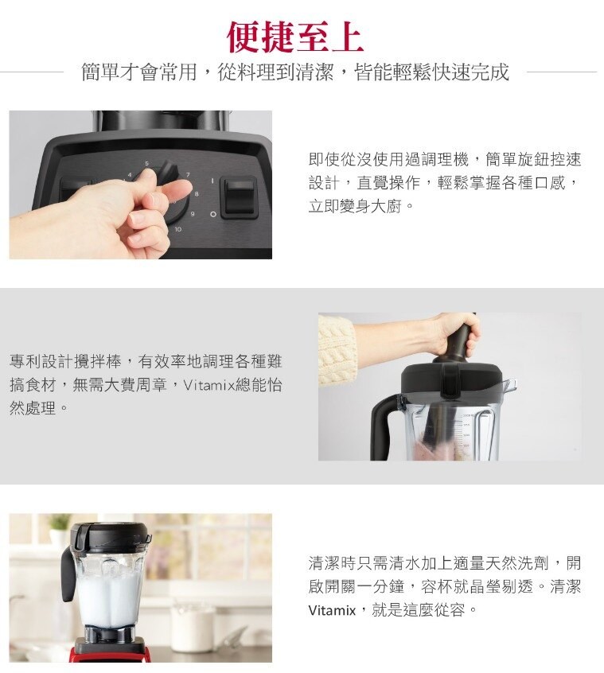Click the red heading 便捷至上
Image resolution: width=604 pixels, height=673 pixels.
click(295, 37)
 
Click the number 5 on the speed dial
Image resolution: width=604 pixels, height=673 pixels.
click(146, 164)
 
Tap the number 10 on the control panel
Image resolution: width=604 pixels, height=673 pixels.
click(177, 229)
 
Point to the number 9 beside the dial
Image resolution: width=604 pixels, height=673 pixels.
click(193, 213)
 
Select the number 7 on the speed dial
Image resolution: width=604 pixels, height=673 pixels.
click(188, 175)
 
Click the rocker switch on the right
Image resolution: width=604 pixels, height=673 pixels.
click(240, 197)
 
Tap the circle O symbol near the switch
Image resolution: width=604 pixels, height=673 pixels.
click(212, 213)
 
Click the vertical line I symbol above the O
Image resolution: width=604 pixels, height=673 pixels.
click(212, 181)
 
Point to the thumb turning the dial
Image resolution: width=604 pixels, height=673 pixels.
click(144, 180)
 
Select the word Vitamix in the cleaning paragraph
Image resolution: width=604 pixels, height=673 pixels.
click(332, 610)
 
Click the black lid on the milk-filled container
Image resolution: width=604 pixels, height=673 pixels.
click(111, 537)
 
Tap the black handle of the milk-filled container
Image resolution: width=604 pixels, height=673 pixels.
click(68, 575)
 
